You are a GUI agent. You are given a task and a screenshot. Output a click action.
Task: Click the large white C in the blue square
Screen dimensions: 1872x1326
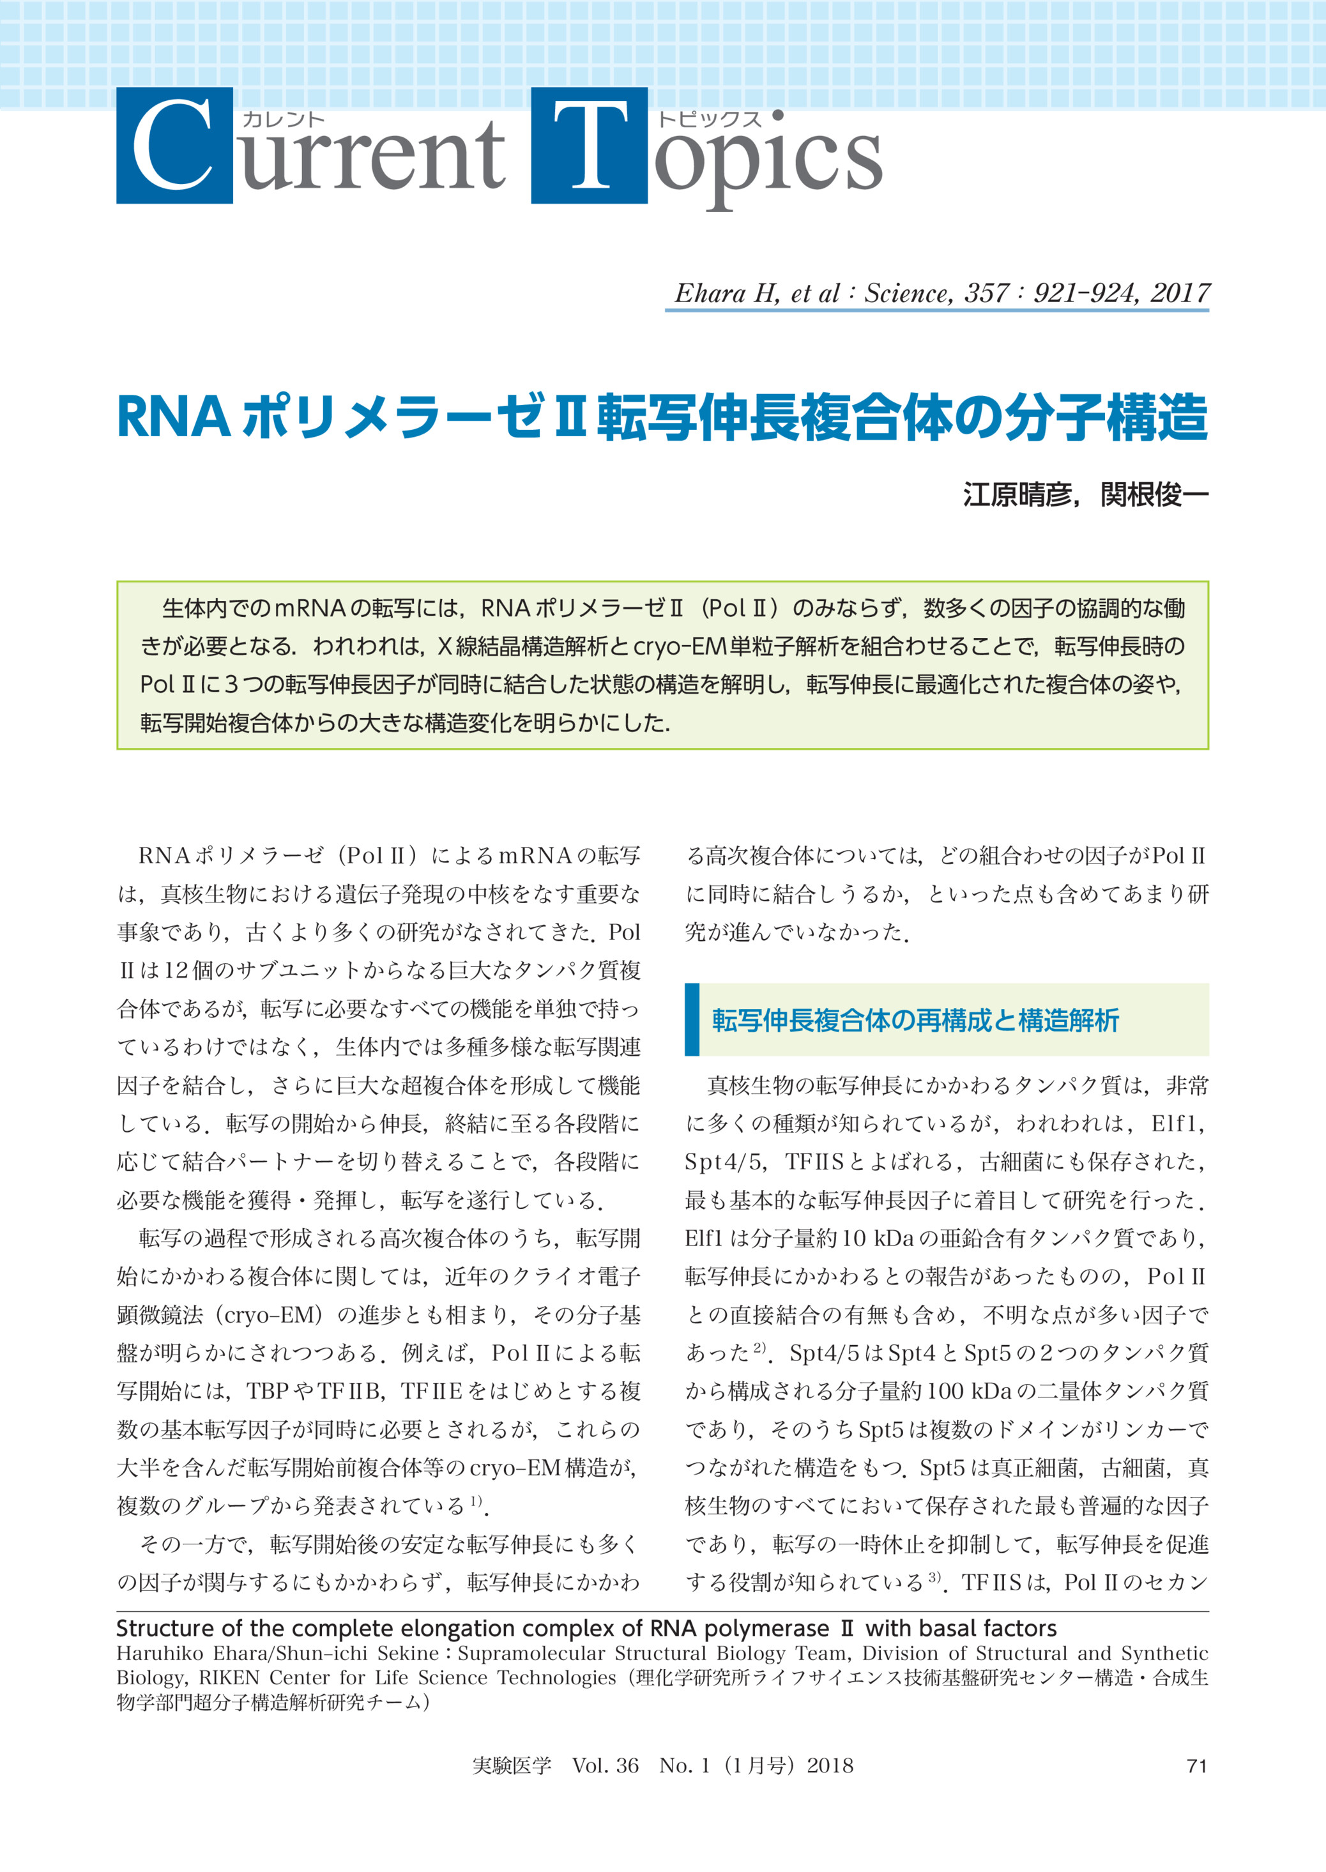[173, 146]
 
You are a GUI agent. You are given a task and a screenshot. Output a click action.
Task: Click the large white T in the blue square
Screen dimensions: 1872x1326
[590, 146]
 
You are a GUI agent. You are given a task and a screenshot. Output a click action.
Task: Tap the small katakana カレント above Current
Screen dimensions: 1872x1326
[284, 119]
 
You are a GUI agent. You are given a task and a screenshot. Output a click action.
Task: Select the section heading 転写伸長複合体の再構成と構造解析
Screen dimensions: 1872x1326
[915, 1021]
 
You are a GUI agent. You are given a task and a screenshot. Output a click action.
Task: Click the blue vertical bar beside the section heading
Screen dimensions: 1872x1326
[692, 1020]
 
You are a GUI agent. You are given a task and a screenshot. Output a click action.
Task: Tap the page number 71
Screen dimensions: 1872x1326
[1196, 1766]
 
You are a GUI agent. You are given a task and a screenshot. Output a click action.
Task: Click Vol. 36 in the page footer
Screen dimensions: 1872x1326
[605, 1766]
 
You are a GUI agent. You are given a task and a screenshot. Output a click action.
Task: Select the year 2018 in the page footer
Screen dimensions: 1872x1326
[830, 1766]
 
